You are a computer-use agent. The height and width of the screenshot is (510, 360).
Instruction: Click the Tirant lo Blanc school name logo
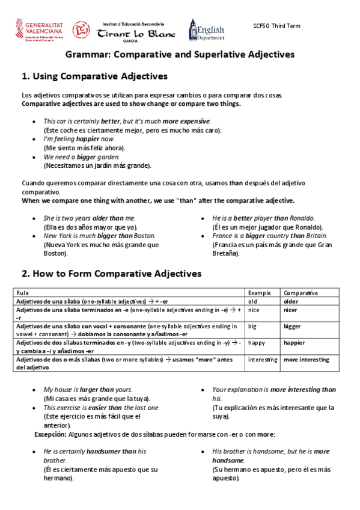click(136, 34)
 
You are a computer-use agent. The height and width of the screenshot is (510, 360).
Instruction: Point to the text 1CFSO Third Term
click(276, 26)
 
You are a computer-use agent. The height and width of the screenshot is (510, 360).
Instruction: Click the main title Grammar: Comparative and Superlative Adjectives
click(180, 55)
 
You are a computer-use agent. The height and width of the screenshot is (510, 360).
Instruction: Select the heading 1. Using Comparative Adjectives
click(94, 76)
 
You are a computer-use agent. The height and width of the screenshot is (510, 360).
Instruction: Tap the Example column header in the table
click(260, 293)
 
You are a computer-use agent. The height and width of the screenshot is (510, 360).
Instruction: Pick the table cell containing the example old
click(253, 301)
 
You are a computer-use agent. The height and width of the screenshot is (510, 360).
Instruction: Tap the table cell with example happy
click(257, 343)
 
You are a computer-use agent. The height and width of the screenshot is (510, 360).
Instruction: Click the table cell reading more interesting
click(307, 360)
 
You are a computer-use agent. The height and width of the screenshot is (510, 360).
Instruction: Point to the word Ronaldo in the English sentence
click(304, 218)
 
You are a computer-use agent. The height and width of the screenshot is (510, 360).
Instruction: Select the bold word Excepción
click(50, 434)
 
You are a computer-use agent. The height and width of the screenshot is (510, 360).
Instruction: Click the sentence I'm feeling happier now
click(79, 138)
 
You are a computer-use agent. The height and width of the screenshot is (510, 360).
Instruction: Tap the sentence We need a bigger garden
click(81, 156)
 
